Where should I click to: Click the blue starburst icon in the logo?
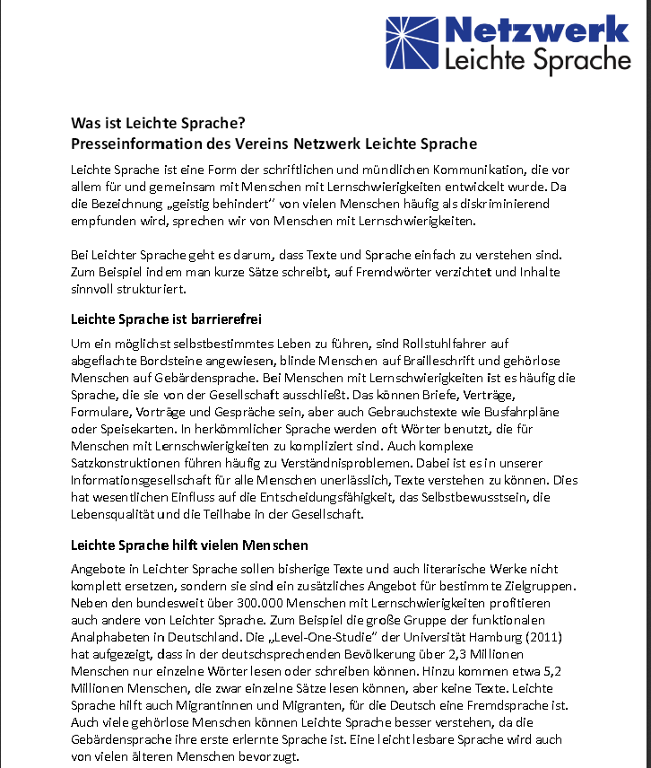(x=413, y=43)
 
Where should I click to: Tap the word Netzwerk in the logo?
(x=536, y=29)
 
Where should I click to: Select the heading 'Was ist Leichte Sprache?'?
(x=158, y=123)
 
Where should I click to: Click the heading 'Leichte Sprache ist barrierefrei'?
(x=165, y=319)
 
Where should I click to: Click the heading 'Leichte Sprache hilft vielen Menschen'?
(x=189, y=545)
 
